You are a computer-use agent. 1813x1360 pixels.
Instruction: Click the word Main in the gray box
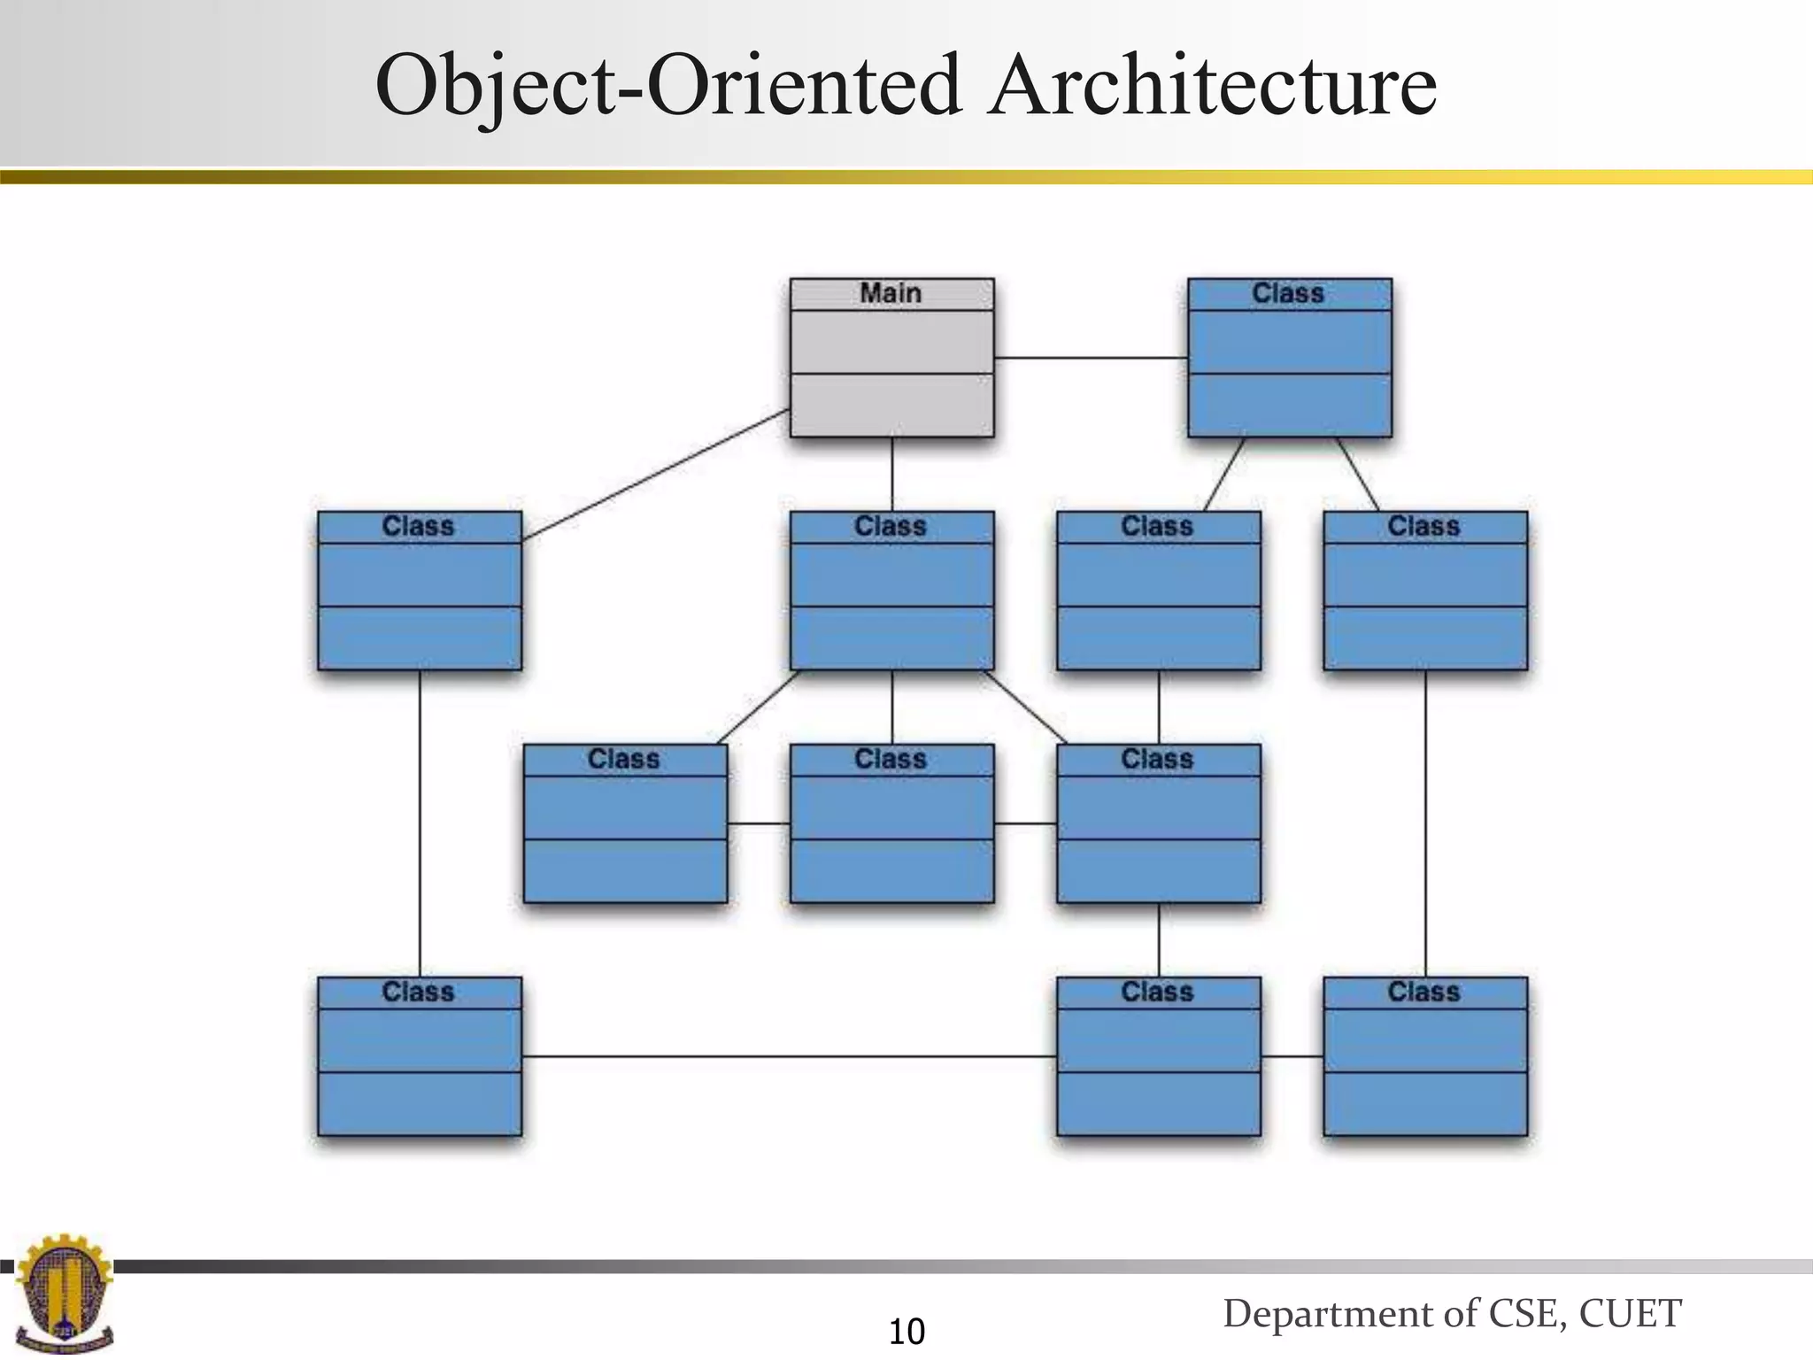[x=891, y=293]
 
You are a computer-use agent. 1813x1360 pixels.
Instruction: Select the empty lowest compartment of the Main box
[x=891, y=405]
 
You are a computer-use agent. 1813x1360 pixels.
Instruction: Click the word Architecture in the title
[x=1212, y=86]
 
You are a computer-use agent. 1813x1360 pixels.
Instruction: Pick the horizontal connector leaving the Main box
[x=1090, y=358]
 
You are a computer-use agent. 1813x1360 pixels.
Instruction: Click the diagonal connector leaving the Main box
[x=655, y=475]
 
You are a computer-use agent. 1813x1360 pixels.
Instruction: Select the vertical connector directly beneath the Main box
[x=891, y=474]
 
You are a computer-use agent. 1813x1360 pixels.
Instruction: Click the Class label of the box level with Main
[x=1288, y=293]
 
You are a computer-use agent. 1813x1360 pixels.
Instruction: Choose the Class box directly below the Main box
[x=891, y=591]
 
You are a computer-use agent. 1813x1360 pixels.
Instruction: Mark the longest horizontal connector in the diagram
[x=788, y=1056]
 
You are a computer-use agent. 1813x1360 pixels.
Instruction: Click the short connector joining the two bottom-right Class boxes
[x=1292, y=1056]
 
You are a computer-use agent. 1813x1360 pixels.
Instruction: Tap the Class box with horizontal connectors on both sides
[x=891, y=823]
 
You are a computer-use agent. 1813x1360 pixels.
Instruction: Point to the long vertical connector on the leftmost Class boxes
[x=420, y=823]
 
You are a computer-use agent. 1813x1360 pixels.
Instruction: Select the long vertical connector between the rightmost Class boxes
[x=1425, y=823]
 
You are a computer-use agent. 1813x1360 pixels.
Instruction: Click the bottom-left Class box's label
[x=418, y=992]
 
